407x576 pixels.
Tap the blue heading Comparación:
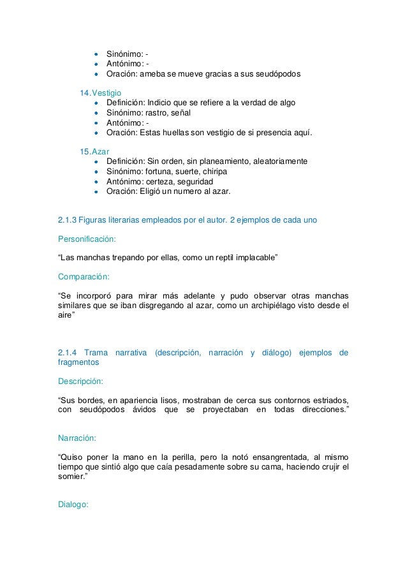click(84, 277)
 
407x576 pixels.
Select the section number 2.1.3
click(68, 220)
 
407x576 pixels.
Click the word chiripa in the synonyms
click(215, 172)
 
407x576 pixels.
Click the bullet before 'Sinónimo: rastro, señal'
click(96, 113)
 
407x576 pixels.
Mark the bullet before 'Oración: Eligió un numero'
click(96, 191)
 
